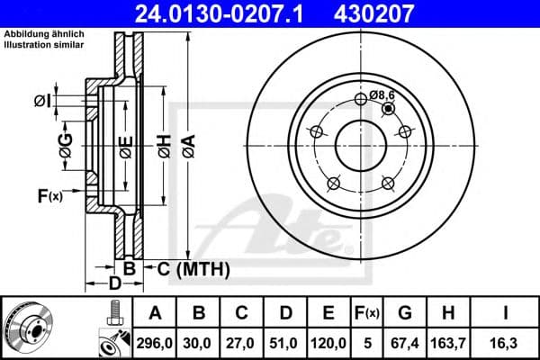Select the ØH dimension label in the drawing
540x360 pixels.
(163, 145)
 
